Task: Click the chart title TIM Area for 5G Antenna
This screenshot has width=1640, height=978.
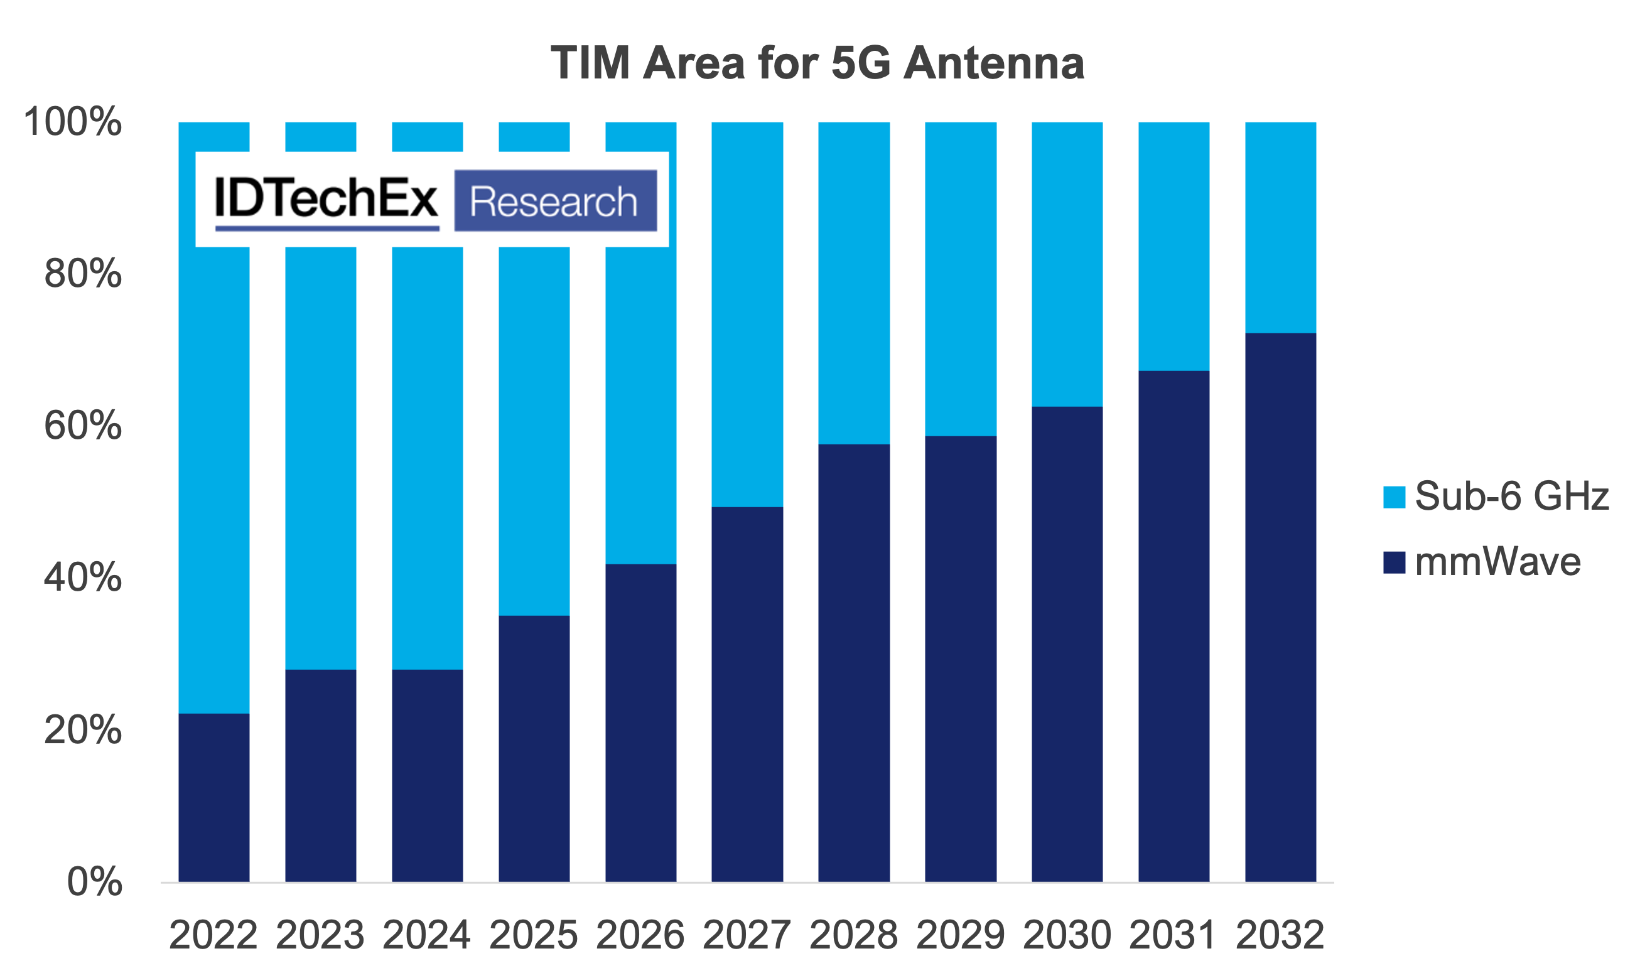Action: tap(817, 63)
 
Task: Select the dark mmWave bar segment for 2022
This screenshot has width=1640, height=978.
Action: tap(214, 797)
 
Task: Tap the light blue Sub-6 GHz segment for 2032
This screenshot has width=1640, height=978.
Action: tap(1280, 227)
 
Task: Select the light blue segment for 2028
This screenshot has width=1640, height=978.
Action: tap(855, 282)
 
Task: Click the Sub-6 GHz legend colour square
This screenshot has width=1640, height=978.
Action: tap(1394, 497)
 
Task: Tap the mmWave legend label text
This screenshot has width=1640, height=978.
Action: tap(1497, 562)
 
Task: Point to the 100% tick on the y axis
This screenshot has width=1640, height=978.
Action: tap(72, 122)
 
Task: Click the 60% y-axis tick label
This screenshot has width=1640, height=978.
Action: tap(83, 426)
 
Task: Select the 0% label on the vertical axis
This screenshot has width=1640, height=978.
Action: tap(94, 882)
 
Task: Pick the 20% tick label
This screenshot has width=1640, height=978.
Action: tap(83, 730)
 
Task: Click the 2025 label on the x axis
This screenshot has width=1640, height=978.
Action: tap(533, 935)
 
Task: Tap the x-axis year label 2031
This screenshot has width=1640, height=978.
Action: tap(1173, 935)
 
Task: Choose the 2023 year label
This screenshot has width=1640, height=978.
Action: tap(320, 935)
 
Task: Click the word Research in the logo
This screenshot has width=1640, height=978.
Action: tap(554, 202)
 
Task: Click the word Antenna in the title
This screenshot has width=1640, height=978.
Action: tap(993, 63)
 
